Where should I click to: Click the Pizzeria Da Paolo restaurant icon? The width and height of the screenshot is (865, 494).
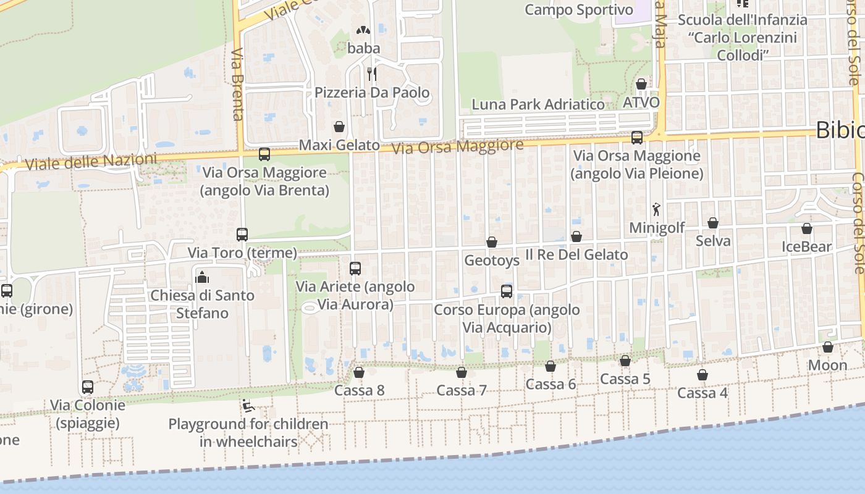pos(372,74)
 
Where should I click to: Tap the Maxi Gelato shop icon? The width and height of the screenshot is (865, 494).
pos(339,127)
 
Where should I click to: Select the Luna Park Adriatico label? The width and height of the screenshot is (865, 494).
pos(538,104)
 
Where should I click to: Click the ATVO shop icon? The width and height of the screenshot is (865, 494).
pos(641,84)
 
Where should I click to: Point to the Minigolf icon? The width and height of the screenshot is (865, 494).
pos(656,209)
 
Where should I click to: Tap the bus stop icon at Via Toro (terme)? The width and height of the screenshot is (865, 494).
pos(242,235)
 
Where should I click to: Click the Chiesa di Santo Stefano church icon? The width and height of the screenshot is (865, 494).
pos(202,277)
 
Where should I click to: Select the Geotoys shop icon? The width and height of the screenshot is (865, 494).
pos(492,242)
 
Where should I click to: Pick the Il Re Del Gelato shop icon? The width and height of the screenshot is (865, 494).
pos(576,237)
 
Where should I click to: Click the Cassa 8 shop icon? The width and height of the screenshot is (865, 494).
pos(359,372)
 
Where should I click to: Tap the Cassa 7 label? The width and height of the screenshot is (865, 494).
pos(462,390)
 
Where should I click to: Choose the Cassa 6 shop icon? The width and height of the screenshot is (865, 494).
pos(551,366)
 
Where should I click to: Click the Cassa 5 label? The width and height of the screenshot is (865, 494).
pos(625,379)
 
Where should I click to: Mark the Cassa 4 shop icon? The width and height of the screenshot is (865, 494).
pos(703,375)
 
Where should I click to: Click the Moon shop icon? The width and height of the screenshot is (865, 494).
pos(828,347)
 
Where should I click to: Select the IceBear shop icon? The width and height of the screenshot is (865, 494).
pos(807,228)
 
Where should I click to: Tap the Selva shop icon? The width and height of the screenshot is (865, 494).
pos(713,223)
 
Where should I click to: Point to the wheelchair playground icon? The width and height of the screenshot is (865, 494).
pos(248,406)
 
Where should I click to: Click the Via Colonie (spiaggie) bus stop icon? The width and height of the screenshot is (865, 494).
pos(88,387)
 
